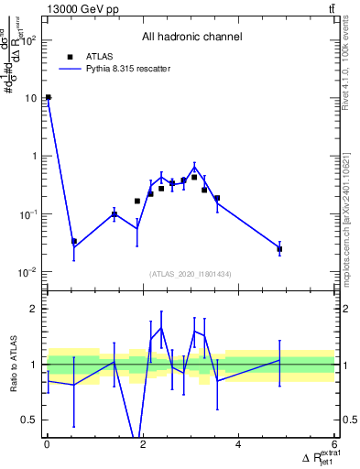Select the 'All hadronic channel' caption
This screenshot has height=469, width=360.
(x=191, y=38)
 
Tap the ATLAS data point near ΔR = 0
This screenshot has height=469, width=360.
(x=48, y=97)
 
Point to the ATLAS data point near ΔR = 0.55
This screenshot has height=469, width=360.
(x=74, y=242)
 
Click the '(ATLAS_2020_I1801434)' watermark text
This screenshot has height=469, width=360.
(x=191, y=274)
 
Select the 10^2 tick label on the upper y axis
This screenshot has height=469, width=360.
(x=27, y=40)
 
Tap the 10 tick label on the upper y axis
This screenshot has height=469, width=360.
(x=30, y=98)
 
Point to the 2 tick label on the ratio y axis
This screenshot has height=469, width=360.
(x=34, y=309)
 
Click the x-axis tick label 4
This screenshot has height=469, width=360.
(x=239, y=446)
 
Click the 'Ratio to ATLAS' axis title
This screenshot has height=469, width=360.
(x=12, y=365)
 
